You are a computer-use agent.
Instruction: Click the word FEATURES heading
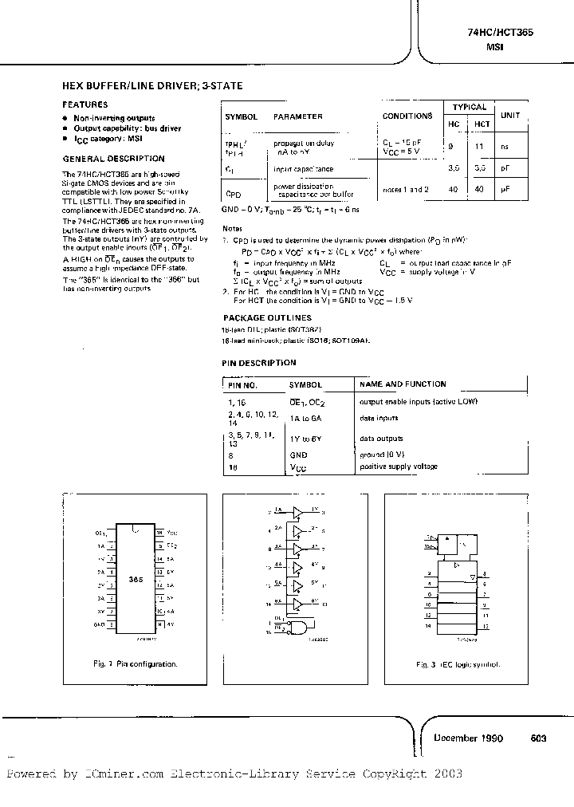[82, 104]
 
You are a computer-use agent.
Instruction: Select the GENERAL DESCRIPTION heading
[113, 159]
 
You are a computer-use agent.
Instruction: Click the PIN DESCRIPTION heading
[258, 363]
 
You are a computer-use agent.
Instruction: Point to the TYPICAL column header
[469, 107]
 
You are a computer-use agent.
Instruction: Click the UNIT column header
[510, 116]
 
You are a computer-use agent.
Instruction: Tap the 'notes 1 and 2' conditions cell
[405, 189]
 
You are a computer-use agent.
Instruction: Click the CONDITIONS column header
[407, 116]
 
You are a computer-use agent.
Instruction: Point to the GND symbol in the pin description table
[298, 455]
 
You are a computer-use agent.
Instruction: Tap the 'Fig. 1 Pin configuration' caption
[135, 663]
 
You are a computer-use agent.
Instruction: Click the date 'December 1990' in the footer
[468, 738]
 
